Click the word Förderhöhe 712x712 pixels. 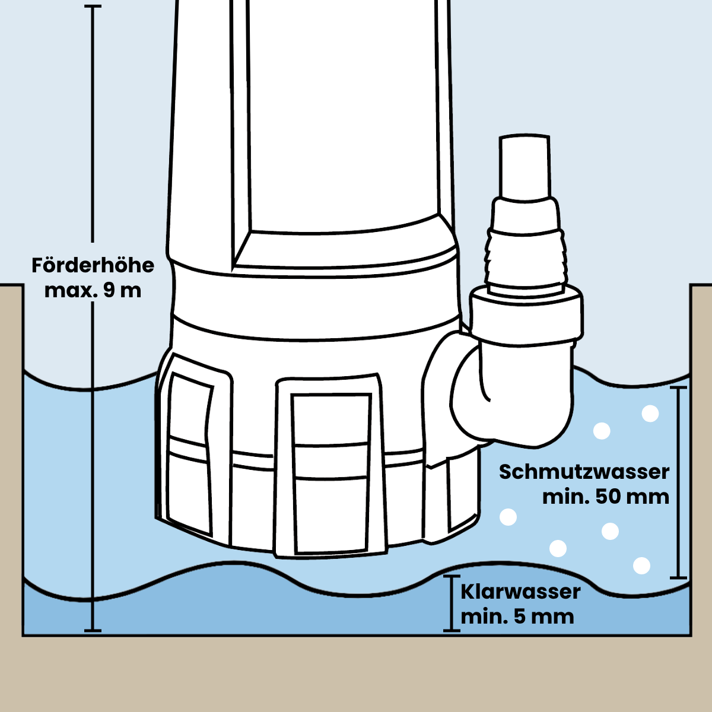93,265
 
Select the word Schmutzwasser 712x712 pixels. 584,472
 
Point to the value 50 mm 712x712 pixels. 632,497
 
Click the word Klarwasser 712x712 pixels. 520,592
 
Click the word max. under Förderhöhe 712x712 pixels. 66,291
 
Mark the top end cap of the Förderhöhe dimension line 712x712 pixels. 93,7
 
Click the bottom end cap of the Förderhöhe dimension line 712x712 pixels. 93,630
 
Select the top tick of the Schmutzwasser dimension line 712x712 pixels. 678,387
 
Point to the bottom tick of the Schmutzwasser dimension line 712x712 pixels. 678,577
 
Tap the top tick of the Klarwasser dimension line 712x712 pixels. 452,576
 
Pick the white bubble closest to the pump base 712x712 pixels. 508,517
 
